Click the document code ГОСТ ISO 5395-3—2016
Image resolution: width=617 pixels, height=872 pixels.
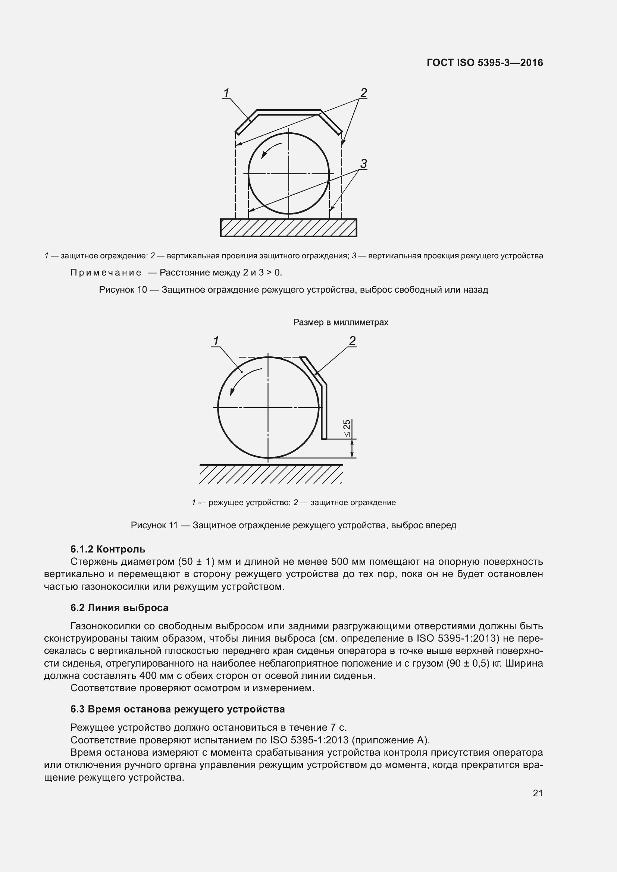click(485, 63)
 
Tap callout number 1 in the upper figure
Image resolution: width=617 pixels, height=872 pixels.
click(226, 93)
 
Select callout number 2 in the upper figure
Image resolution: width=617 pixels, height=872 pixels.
click(364, 93)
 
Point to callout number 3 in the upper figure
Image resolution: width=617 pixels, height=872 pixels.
click(364, 164)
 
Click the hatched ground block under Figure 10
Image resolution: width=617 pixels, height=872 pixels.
click(288, 228)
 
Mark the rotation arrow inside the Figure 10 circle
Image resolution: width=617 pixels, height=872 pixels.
click(271, 150)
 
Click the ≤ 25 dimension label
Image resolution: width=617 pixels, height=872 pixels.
click(347, 429)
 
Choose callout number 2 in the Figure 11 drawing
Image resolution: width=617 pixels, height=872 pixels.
click(352, 341)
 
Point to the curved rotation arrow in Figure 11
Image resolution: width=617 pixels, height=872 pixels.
click(244, 380)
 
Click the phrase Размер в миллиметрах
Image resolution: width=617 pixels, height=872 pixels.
click(341, 322)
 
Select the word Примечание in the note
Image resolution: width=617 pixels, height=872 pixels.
click(106, 273)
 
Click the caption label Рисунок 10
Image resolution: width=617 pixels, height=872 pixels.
click(123, 290)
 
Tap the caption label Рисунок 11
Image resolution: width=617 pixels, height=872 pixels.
click(154, 525)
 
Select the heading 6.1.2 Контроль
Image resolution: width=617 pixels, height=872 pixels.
click(108, 549)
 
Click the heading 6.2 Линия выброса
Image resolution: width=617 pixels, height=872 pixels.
click(119, 608)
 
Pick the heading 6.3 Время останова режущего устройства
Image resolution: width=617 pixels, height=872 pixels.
click(178, 709)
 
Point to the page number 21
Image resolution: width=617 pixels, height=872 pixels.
click(538, 793)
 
